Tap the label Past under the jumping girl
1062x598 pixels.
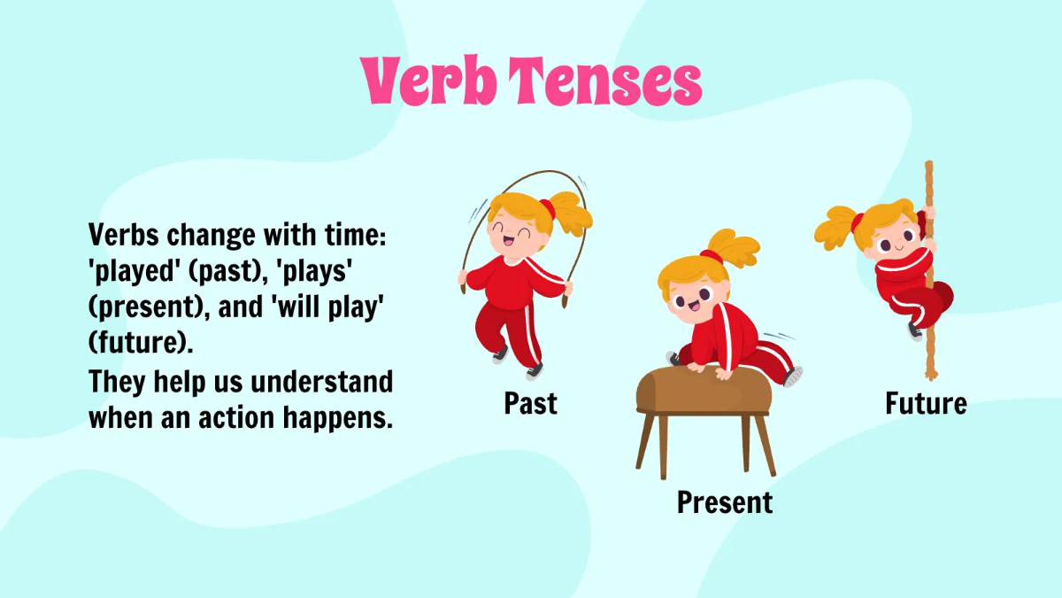pos(531,404)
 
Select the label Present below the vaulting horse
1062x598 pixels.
pos(724,502)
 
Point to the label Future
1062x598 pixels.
pos(926,404)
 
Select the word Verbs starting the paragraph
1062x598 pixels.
pos(124,237)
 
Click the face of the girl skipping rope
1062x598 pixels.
pos(509,235)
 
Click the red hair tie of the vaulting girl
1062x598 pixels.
pos(710,257)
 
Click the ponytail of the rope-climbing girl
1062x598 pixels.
pos(836,227)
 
